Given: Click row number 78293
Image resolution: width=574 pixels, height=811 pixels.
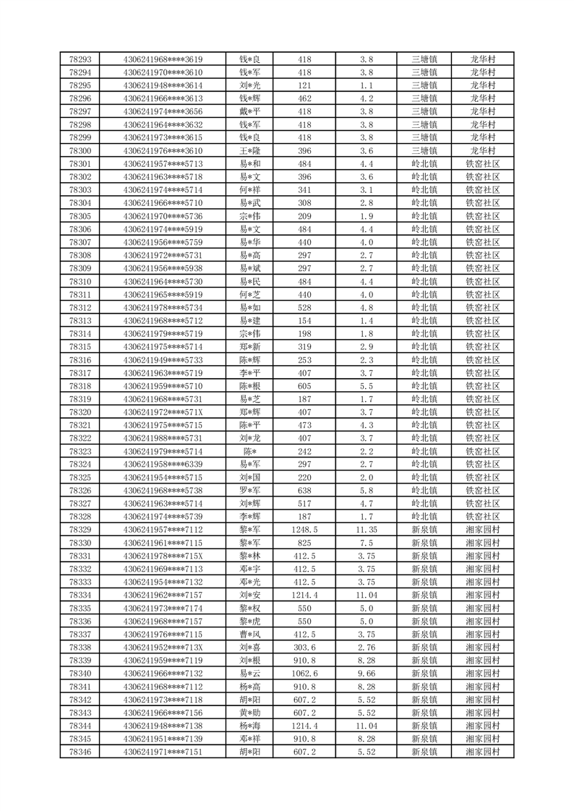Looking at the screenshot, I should tap(80, 59).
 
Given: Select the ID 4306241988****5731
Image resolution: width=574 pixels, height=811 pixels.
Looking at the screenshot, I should tap(163, 438).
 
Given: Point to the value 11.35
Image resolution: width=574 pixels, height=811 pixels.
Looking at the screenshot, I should tap(366, 529).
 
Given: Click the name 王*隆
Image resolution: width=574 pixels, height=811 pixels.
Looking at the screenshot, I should tap(249, 150).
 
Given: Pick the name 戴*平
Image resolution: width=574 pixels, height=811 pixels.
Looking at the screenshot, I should tap(249, 111).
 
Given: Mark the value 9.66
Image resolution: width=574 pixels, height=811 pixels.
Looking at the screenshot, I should tap(366, 673).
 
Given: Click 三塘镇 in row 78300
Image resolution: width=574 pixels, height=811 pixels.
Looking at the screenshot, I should tap(424, 150).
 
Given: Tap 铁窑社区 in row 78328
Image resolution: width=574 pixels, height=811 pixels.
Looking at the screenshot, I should tap(483, 516).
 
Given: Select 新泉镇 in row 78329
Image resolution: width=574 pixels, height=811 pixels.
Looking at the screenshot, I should tap(424, 529).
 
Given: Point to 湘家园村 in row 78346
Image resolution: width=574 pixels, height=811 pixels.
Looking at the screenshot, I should tap(483, 751).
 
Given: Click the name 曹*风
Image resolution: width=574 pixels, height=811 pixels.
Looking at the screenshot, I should tap(249, 634).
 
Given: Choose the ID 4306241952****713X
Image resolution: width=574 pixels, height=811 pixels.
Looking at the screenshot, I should tap(163, 647).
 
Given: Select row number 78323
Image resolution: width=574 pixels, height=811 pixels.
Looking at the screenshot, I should tap(80, 451).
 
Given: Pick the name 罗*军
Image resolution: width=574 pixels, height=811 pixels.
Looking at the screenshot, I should tap(249, 490).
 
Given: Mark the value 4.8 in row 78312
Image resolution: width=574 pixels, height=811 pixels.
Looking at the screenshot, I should tap(366, 307).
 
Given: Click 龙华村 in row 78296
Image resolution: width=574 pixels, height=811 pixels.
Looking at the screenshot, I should tap(483, 98).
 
